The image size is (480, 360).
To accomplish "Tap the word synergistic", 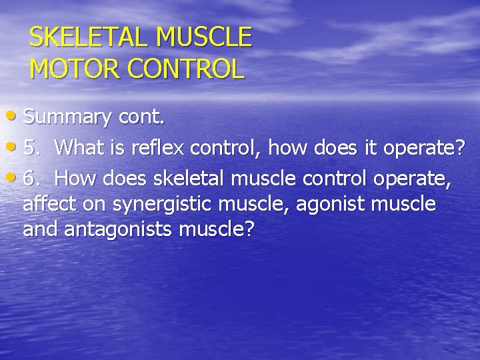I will tap(160, 204).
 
